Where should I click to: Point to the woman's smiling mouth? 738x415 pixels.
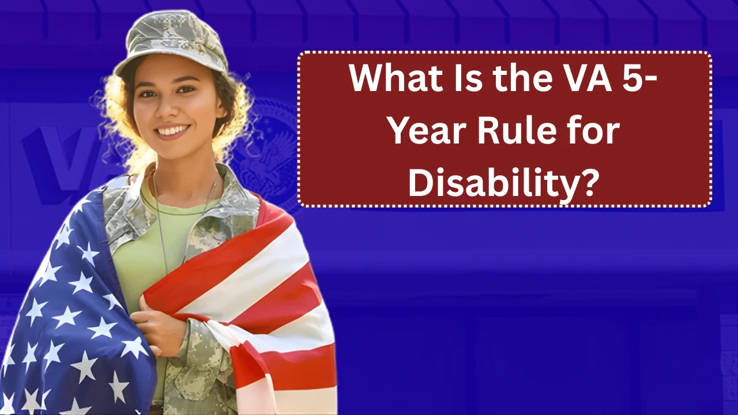173,131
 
